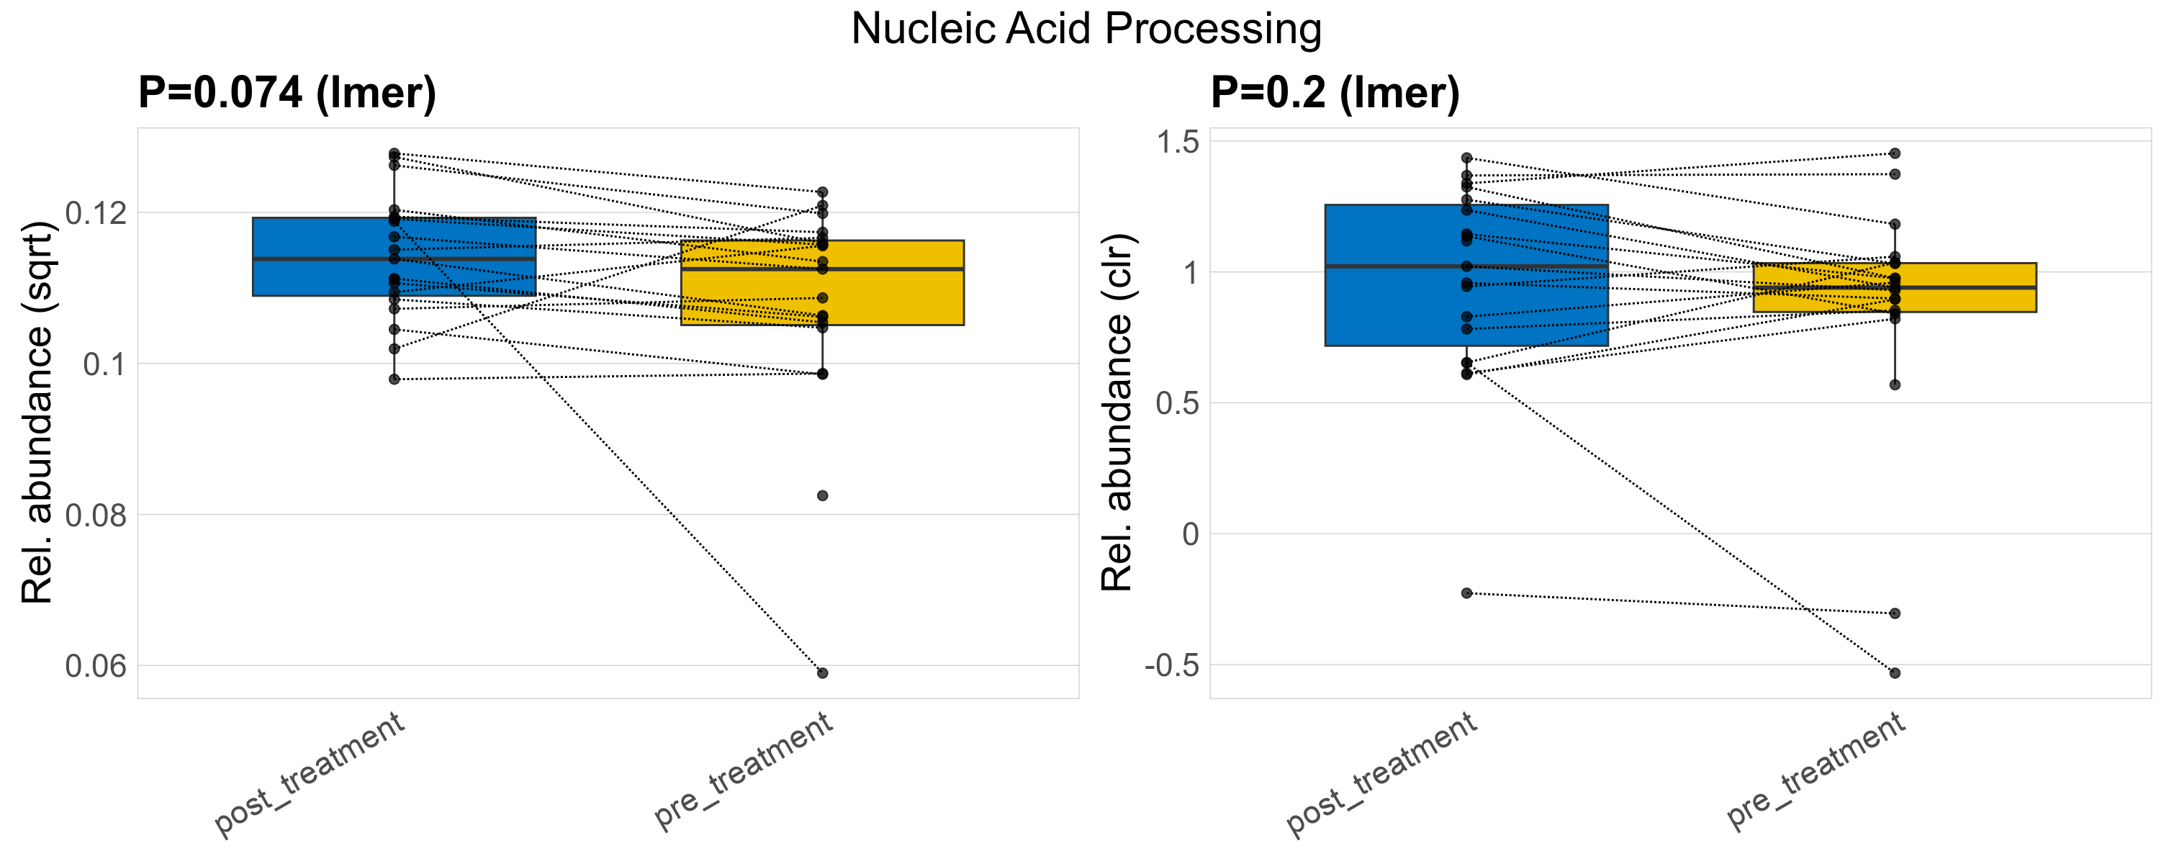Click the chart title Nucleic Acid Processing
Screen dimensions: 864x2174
(x=1086, y=30)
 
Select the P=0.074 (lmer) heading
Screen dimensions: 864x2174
(x=287, y=92)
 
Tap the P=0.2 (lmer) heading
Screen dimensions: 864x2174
(x=1335, y=92)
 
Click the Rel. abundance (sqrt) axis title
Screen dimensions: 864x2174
(x=37, y=413)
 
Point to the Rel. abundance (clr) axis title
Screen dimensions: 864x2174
(x=1117, y=413)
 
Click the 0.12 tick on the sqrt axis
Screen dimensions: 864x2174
(x=96, y=213)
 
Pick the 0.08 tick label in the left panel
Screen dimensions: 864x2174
(x=96, y=516)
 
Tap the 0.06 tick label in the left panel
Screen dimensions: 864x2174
(x=96, y=667)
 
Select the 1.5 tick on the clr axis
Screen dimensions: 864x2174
(x=1177, y=142)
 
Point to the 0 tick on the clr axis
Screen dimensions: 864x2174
(x=1190, y=534)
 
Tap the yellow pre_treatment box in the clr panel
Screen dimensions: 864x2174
(x=1967, y=300)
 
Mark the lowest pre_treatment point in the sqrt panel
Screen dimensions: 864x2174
(x=823, y=673)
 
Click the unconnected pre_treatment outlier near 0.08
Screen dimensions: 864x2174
(x=823, y=496)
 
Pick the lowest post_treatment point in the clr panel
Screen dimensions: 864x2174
(x=1467, y=593)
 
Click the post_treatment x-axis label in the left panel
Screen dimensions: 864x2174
(x=310, y=775)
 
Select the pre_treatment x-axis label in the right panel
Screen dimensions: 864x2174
(x=1816, y=770)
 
